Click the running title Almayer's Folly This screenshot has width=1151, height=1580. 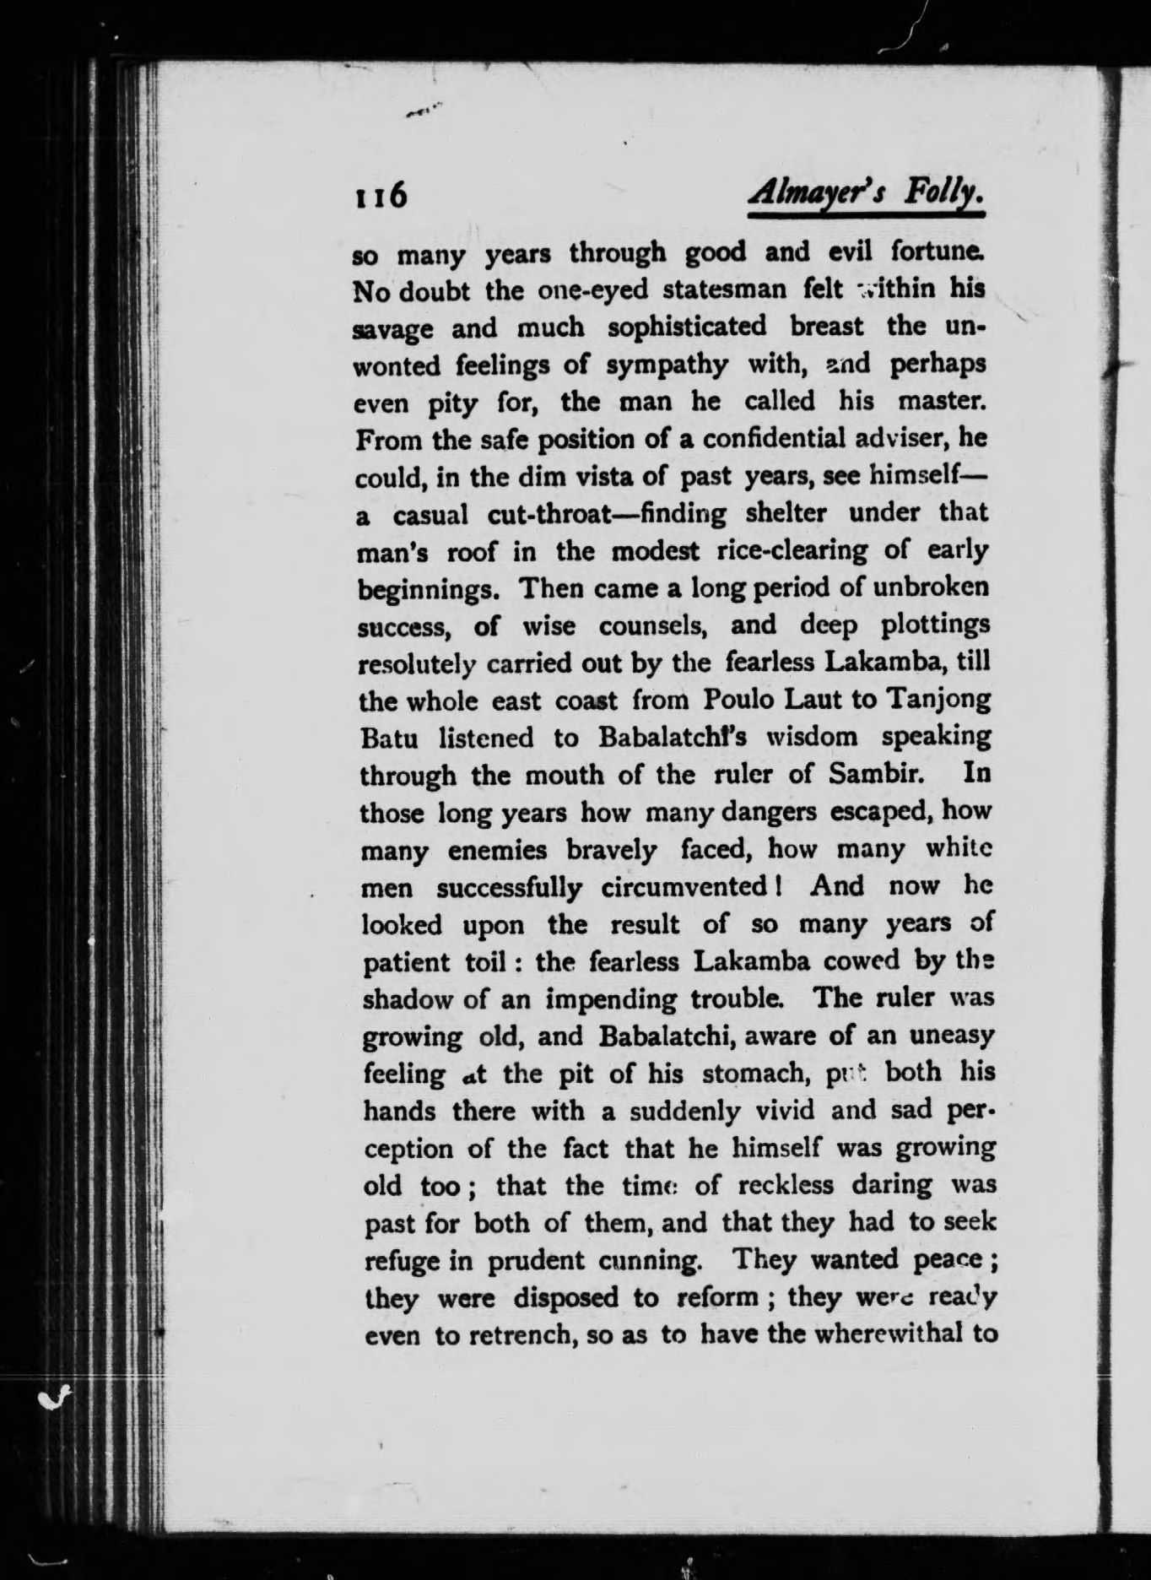pyautogui.click(x=867, y=196)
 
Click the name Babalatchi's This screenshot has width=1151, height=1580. pyautogui.click(x=671, y=738)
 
